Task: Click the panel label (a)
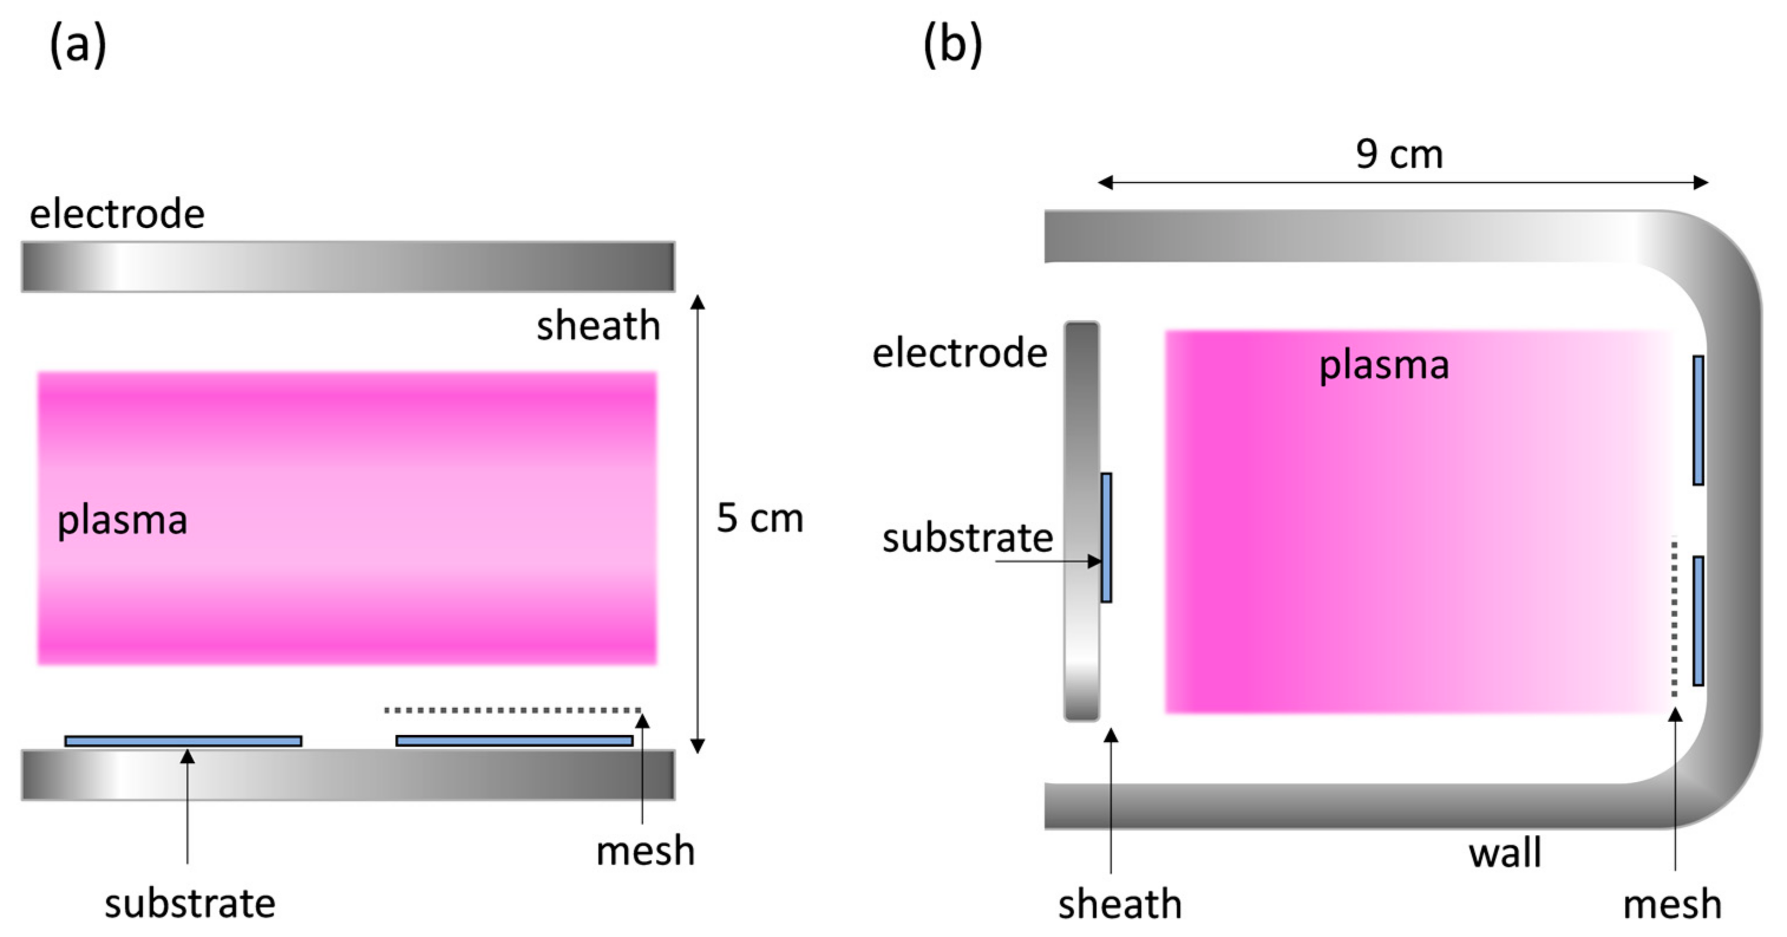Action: click(x=78, y=45)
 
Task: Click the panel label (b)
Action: click(x=953, y=45)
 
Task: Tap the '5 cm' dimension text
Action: click(x=760, y=518)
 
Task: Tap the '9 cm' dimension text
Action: click(x=1399, y=154)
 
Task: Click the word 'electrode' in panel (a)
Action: click(x=116, y=214)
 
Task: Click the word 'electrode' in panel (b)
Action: click(x=960, y=353)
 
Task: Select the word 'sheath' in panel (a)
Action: click(x=598, y=325)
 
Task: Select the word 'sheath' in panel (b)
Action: click(x=1120, y=905)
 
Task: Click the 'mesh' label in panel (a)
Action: click(x=645, y=851)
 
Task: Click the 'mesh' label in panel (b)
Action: click(x=1672, y=905)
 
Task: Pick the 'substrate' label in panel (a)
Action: click(x=190, y=904)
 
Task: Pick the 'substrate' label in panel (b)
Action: click(x=967, y=538)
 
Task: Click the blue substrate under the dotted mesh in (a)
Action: click(x=514, y=741)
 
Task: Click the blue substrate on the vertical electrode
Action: click(x=1107, y=538)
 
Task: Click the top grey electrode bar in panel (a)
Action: click(x=348, y=266)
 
